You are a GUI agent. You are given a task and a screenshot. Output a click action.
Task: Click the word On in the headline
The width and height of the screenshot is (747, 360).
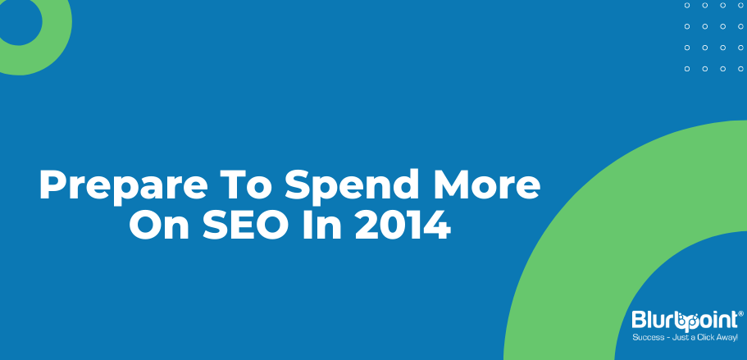click(x=157, y=224)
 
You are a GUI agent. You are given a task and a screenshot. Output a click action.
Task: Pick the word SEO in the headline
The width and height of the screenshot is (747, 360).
click(x=246, y=224)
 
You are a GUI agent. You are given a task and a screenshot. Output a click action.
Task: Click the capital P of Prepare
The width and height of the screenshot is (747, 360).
click(x=52, y=185)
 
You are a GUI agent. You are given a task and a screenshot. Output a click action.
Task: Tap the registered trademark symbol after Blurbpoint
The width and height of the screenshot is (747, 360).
click(x=740, y=313)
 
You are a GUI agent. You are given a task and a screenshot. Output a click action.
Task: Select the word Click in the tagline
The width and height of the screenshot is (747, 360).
click(x=707, y=338)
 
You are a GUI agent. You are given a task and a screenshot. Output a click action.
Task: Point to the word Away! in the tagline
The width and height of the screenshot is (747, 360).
click(x=728, y=338)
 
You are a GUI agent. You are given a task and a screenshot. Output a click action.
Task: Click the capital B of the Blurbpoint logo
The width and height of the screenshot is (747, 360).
click(x=639, y=320)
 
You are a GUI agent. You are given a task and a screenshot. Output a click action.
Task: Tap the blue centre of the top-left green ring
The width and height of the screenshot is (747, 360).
click(x=18, y=21)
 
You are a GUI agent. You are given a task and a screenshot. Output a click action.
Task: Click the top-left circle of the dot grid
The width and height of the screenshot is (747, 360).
click(x=687, y=5)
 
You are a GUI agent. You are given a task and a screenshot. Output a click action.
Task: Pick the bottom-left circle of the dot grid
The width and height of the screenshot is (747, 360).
click(x=687, y=69)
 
